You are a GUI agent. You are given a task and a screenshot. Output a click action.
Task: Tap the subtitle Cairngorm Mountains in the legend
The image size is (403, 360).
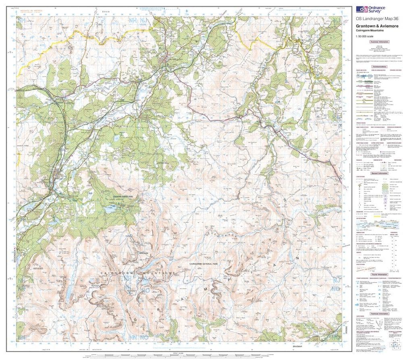point(370,30)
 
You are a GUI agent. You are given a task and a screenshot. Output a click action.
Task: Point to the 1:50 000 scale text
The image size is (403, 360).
point(365,37)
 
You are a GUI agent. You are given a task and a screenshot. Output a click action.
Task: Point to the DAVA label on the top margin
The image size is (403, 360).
point(106,13)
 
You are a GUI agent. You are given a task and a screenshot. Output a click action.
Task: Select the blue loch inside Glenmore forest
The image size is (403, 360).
point(110,209)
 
